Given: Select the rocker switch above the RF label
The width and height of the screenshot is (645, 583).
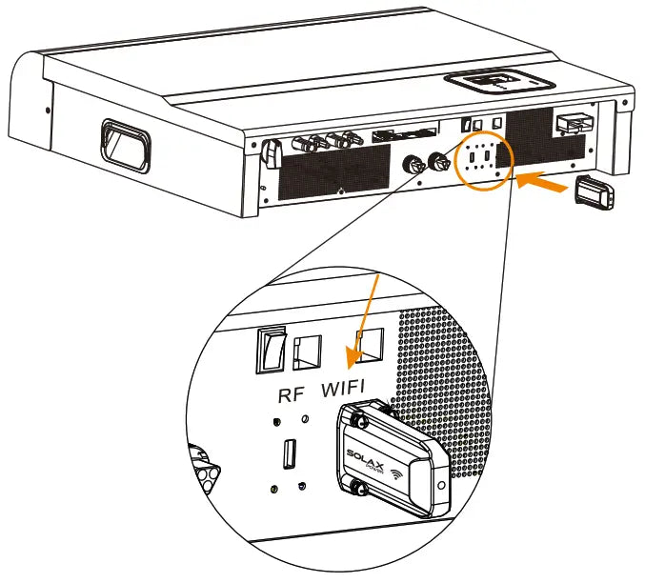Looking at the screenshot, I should (x=272, y=351).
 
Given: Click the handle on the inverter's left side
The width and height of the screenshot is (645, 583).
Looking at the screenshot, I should (x=126, y=144).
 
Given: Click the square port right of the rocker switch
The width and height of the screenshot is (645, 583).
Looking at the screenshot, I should (x=306, y=353).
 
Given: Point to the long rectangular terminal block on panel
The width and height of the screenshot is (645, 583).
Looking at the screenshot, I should (x=406, y=135).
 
